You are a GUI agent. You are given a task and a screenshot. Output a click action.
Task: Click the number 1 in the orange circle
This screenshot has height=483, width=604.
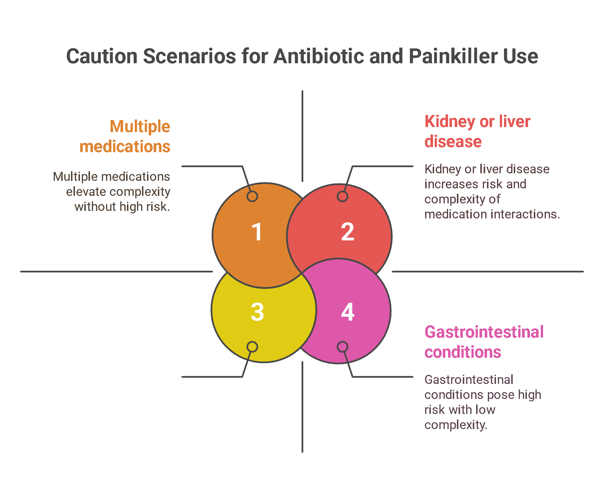click(257, 231)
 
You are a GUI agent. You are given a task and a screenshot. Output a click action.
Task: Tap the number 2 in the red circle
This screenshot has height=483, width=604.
click(347, 231)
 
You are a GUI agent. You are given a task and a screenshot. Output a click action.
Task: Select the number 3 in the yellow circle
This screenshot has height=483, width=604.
click(257, 312)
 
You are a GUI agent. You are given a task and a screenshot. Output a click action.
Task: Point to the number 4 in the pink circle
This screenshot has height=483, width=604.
click(347, 312)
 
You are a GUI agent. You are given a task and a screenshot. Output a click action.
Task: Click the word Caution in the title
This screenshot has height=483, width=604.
click(102, 56)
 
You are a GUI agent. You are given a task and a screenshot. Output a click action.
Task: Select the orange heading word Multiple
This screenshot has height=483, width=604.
click(140, 127)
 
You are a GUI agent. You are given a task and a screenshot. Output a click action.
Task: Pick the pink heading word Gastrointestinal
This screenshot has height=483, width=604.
click(484, 332)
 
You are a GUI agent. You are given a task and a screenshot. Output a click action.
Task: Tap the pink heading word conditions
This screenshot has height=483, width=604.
click(462, 352)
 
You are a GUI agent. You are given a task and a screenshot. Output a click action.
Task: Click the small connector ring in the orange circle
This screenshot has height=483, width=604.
click(252, 196)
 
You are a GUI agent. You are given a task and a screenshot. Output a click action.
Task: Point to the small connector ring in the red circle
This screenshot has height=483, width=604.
click(342, 196)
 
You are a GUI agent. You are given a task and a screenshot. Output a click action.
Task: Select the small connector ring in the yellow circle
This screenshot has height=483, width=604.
click(252, 347)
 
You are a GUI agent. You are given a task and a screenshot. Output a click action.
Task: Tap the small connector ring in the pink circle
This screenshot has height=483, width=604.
click(342, 347)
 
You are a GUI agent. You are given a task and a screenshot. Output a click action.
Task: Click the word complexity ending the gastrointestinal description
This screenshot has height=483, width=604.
click(456, 425)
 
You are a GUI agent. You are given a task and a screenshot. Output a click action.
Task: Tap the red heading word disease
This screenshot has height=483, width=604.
click(453, 141)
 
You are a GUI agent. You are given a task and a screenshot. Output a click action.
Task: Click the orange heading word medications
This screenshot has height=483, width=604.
click(125, 147)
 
